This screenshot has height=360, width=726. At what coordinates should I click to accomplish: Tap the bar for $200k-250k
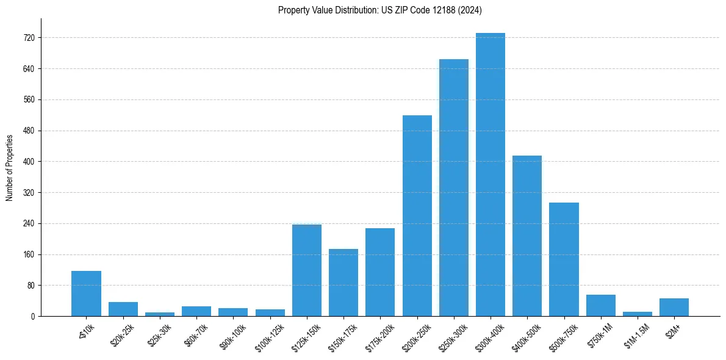click(x=417, y=216)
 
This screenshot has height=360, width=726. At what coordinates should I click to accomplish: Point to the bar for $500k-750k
click(x=564, y=259)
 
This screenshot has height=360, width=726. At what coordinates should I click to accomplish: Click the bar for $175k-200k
click(x=380, y=272)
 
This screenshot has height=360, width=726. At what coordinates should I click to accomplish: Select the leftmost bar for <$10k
click(x=86, y=293)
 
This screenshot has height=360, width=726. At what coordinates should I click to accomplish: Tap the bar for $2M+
click(x=674, y=307)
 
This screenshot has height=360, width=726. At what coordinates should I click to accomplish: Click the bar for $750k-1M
click(x=601, y=305)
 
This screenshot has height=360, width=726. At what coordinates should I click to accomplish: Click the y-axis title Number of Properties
click(x=10, y=167)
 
